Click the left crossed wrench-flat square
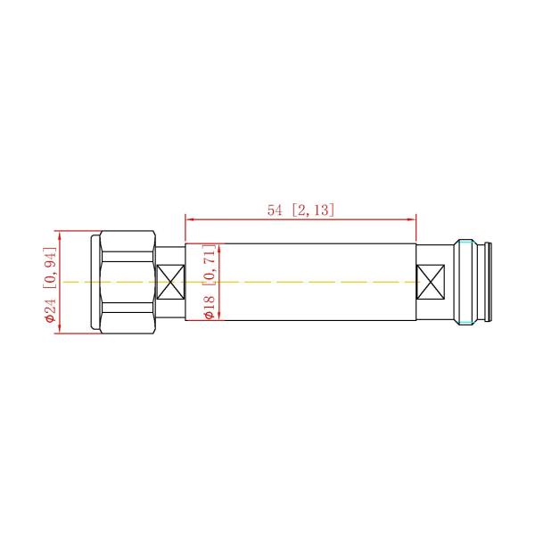tap(170, 282)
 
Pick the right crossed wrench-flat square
tap(431, 282)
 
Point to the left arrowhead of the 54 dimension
tap(189, 219)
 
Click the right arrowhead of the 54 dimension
tap(412, 219)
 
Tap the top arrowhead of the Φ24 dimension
tap(60, 235)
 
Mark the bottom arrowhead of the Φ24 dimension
tap(60, 329)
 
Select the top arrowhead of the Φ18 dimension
tap(219, 249)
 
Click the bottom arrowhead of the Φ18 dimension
tap(219, 316)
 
